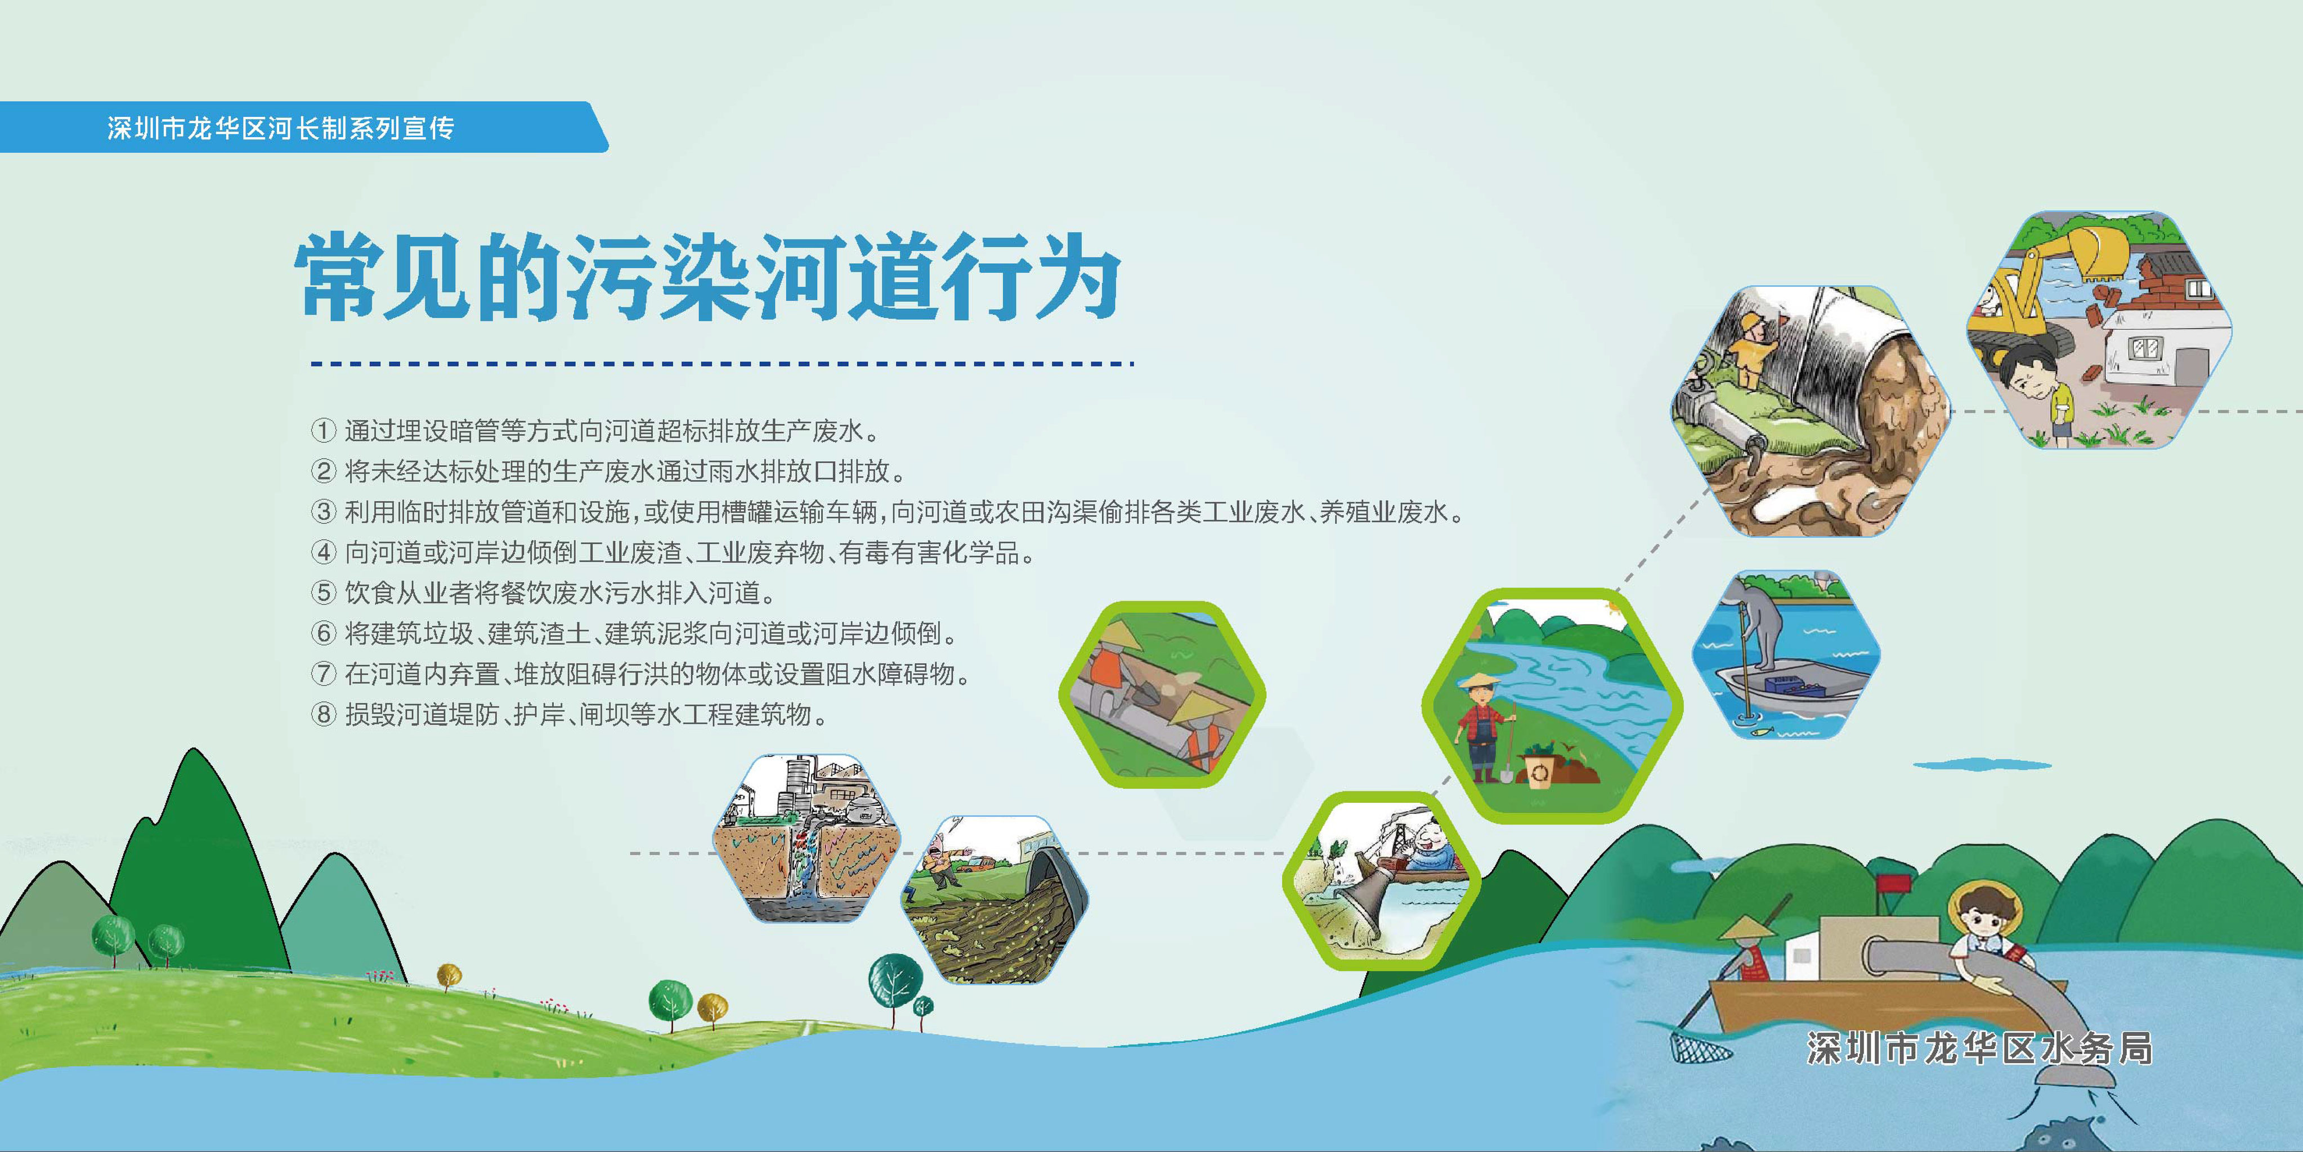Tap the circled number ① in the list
pos(322,431)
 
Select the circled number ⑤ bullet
pos(322,592)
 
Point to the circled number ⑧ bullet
pos(322,714)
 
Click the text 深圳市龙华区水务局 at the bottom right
pos(1978,1048)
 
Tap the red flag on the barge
pos(1893,884)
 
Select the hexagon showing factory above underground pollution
pos(805,838)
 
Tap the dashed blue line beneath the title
pos(720,364)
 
